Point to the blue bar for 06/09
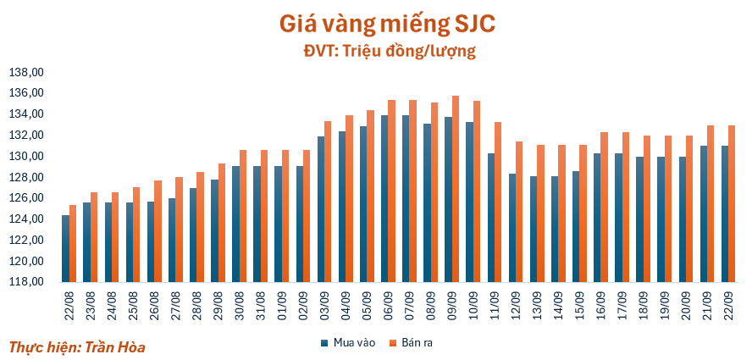[x=385, y=198]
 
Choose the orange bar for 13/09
[x=541, y=213]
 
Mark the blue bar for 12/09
[x=512, y=227]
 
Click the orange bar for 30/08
[x=243, y=215]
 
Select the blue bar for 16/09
[x=598, y=217]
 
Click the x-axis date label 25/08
[x=133, y=301]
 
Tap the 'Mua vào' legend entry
[x=346, y=342]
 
